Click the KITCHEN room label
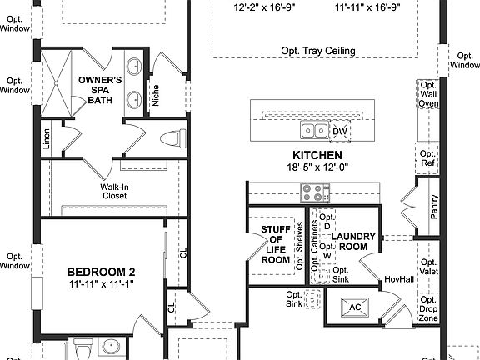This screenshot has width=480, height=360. click(x=317, y=156)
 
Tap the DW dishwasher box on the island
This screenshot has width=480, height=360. click(x=339, y=131)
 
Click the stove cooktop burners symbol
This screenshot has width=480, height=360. click(x=313, y=192)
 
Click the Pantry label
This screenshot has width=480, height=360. click(x=434, y=207)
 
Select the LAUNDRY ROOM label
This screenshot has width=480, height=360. click(x=354, y=242)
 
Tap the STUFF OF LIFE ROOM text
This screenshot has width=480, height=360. click(x=275, y=243)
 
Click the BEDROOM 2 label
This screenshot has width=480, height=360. click(x=101, y=272)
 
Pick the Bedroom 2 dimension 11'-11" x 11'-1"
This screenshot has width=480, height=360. click(x=101, y=284)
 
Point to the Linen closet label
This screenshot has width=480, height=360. click(x=46, y=138)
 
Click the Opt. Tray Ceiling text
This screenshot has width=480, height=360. click(x=317, y=51)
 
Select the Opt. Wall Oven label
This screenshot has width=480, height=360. click(x=428, y=94)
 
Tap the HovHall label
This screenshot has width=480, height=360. click(x=394, y=279)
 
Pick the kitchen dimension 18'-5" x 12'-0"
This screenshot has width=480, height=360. click(x=317, y=167)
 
